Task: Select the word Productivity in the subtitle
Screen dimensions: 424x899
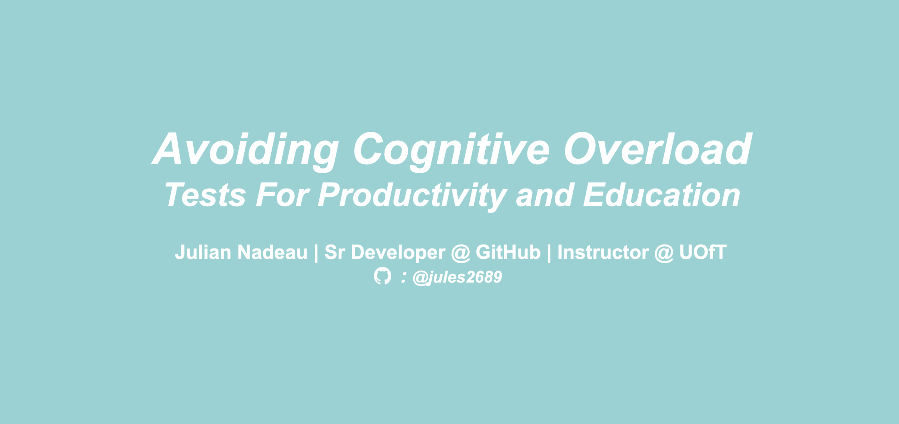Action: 412,195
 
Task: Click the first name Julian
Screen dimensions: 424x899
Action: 203,252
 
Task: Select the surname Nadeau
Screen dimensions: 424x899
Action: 272,252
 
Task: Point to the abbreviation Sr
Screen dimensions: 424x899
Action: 334,252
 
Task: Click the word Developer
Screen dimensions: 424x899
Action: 398,252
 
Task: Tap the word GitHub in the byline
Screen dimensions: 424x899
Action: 508,252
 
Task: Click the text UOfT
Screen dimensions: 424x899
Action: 703,252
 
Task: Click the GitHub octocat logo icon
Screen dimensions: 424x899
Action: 383,276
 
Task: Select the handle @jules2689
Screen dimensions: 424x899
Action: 457,277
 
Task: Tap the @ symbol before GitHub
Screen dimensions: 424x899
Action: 460,253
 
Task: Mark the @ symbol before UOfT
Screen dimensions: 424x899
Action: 664,253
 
